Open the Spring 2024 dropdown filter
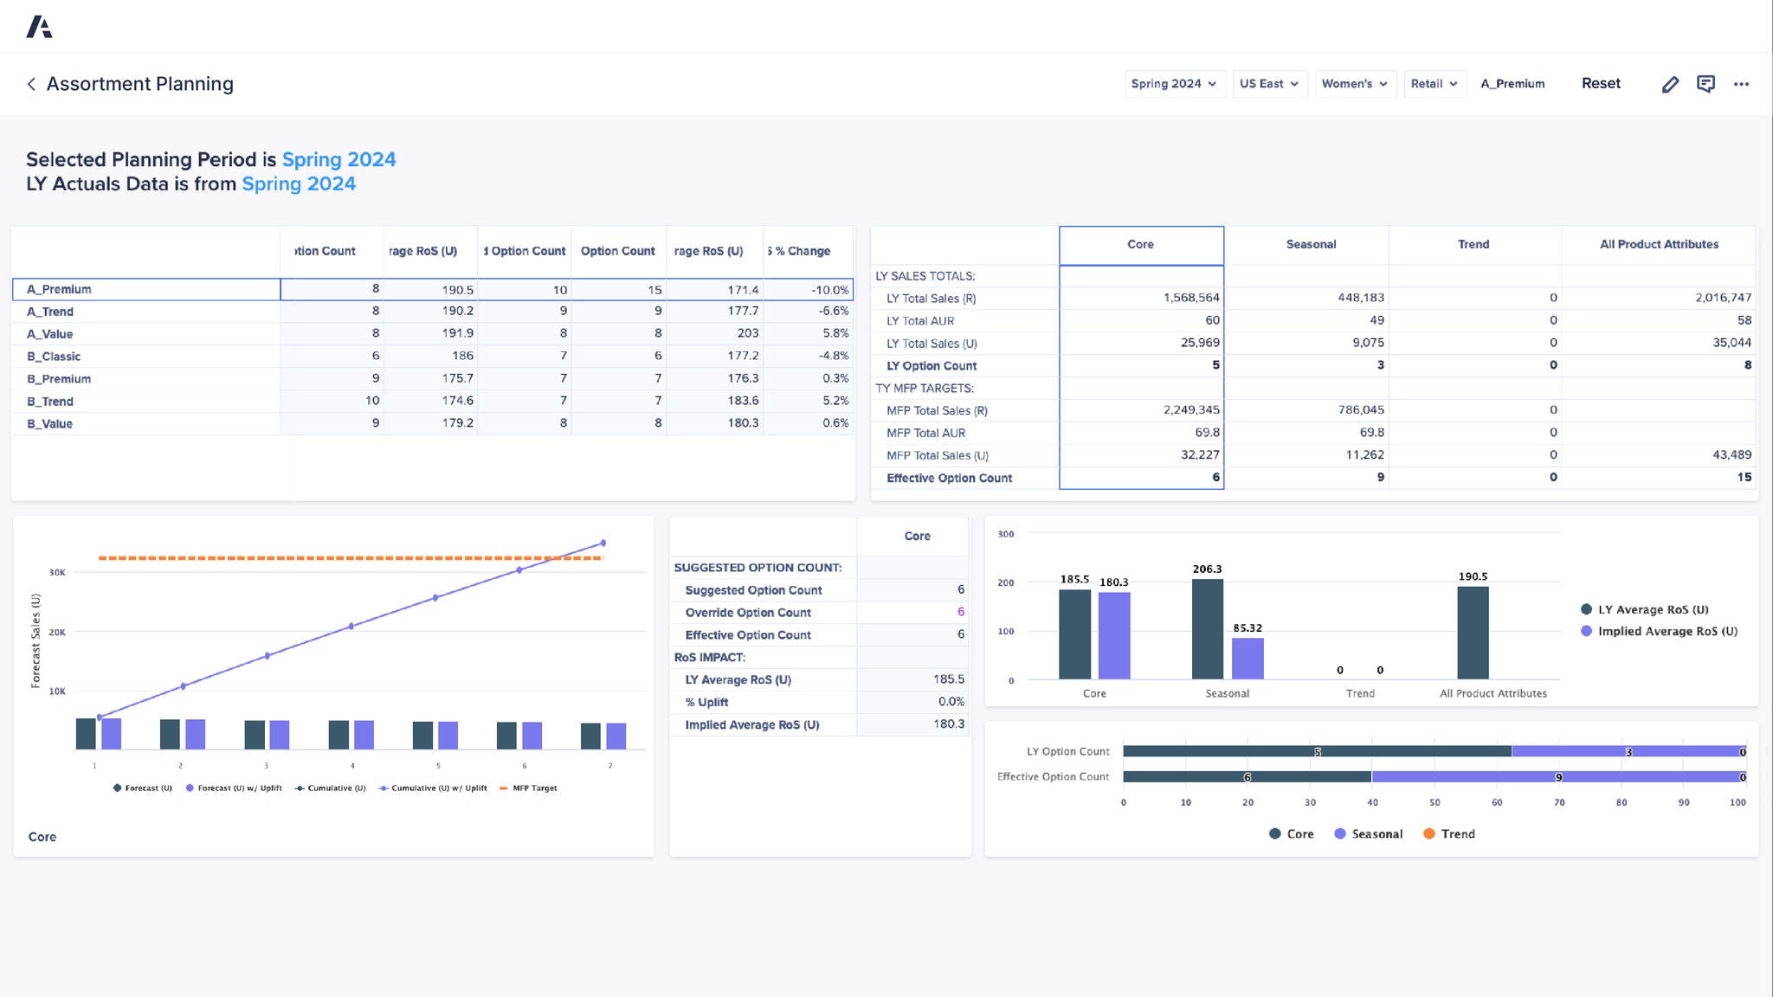click(x=1173, y=84)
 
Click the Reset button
click(x=1600, y=84)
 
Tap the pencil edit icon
click(x=1670, y=84)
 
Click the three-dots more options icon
click(x=1741, y=84)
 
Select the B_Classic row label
click(x=54, y=357)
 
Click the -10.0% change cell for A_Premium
click(x=829, y=290)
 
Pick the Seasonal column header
click(x=1310, y=245)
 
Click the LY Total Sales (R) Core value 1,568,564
click(x=1190, y=298)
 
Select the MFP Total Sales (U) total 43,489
click(x=1731, y=455)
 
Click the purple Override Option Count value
click(x=960, y=612)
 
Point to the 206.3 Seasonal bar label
click(x=1207, y=569)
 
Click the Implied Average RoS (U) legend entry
click(x=1667, y=632)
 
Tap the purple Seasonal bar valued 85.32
click(x=1248, y=659)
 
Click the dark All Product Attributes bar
click(x=1473, y=633)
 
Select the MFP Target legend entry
click(x=533, y=788)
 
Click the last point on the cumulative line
click(x=603, y=544)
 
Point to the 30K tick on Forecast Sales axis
click(x=57, y=573)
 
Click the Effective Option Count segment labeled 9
click(x=1557, y=777)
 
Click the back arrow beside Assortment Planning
click(x=31, y=84)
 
